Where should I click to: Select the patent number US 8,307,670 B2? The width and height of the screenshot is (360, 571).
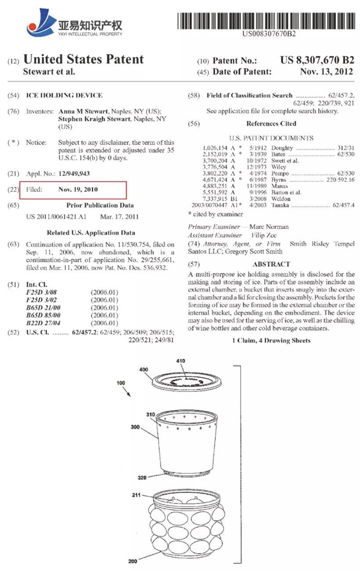click(317, 61)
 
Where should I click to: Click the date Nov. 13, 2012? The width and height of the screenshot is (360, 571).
click(326, 72)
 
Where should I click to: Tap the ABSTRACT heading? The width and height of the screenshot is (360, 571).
click(271, 264)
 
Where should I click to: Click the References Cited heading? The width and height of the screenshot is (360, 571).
click(271, 124)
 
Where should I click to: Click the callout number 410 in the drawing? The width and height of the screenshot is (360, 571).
click(180, 361)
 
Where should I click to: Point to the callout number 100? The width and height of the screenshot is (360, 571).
click(121, 383)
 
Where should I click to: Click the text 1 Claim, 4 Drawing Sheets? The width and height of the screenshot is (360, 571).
click(271, 340)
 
